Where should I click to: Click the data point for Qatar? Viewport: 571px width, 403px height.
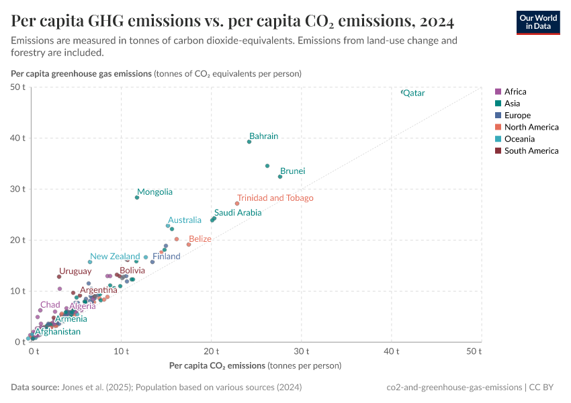[x=402, y=92]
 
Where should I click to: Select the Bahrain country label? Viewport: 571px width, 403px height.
[x=263, y=136]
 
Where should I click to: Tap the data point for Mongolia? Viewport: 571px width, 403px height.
[x=137, y=197]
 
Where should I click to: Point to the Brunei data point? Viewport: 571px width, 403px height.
[x=280, y=177]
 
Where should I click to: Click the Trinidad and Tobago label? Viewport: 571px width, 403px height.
[x=275, y=198]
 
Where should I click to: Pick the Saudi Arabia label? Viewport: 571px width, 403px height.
[x=238, y=213]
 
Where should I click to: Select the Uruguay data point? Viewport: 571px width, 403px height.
[x=59, y=277]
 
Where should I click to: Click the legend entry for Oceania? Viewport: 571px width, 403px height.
[x=519, y=139]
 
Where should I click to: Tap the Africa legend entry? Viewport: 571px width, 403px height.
[x=515, y=92]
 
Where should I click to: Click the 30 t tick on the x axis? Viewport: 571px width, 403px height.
[x=302, y=351]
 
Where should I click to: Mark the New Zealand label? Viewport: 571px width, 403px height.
[x=115, y=257]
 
